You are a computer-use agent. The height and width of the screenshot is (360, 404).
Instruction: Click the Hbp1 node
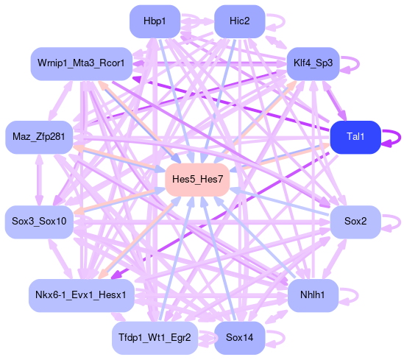[155, 21]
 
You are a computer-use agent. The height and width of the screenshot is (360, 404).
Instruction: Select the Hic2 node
[240, 21]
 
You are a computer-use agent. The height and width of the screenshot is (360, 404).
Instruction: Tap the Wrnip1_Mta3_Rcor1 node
[82, 63]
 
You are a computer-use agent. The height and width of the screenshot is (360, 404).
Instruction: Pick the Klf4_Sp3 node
[313, 63]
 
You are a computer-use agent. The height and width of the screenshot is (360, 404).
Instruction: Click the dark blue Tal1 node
[355, 137]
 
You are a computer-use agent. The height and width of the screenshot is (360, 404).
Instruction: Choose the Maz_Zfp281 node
[39, 137]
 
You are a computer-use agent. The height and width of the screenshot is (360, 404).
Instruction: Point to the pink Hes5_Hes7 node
[197, 180]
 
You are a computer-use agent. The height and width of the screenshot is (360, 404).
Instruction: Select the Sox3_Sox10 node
[39, 222]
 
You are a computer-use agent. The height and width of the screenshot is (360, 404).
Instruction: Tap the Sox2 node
[355, 222]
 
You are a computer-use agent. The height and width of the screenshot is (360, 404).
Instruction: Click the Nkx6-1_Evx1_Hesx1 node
[82, 295]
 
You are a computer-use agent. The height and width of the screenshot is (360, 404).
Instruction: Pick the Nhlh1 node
[313, 295]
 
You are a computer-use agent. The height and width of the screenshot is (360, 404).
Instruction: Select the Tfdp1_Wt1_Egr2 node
[155, 338]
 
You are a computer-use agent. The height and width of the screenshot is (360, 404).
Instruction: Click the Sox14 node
[240, 338]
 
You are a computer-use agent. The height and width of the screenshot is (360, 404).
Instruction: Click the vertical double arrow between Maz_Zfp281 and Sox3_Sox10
[39, 180]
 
